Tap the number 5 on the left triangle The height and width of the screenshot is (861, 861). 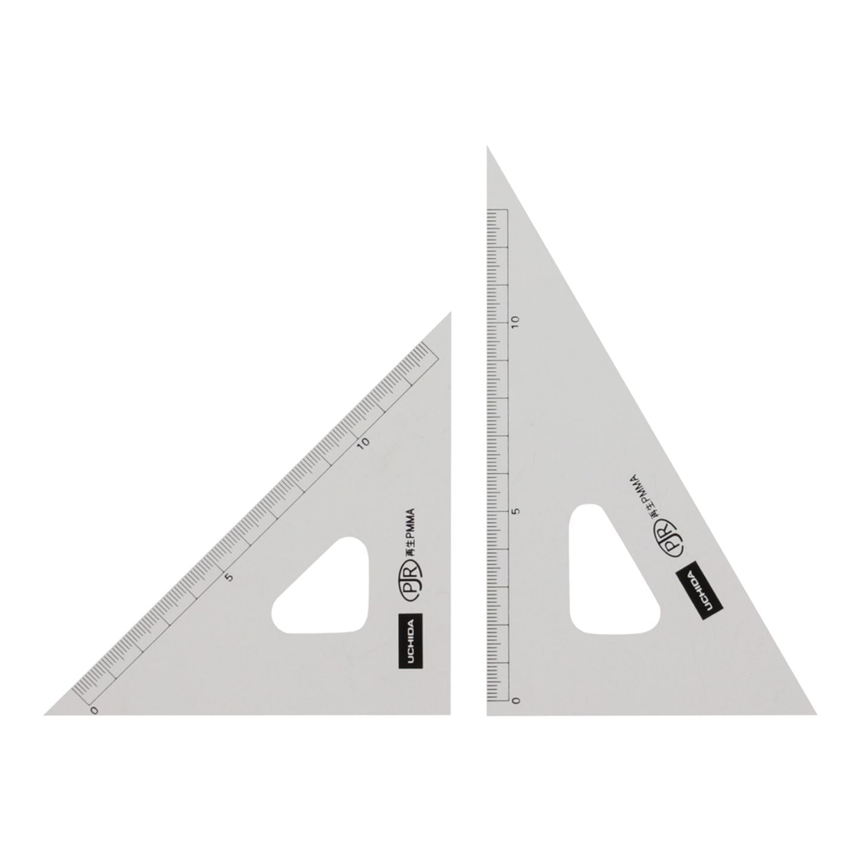point(229,577)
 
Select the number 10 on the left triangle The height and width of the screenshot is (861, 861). point(364,442)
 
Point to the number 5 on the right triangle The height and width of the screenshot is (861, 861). point(517,511)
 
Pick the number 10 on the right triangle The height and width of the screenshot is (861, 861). point(516,322)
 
